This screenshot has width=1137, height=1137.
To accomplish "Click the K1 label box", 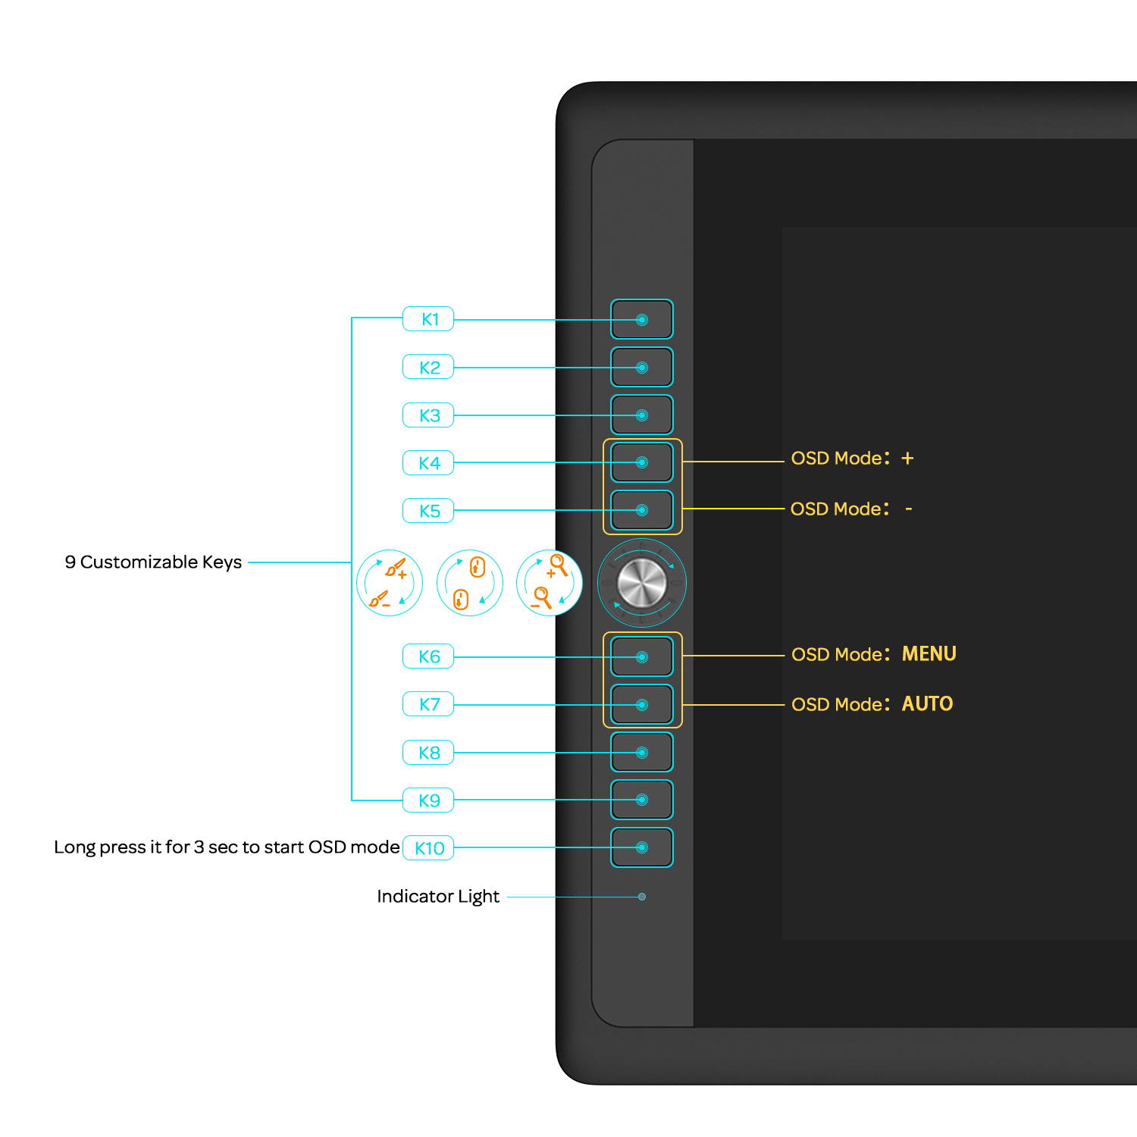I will click(428, 319).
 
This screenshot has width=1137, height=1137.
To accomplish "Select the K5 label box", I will click(428, 511).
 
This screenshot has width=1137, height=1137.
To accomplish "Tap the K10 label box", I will click(428, 848).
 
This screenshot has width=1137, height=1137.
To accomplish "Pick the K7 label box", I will click(428, 704).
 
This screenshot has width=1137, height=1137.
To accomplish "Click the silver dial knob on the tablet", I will click(642, 583).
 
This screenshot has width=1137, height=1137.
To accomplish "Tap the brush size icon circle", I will click(390, 583).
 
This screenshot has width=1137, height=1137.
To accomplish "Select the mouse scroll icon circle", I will click(470, 583).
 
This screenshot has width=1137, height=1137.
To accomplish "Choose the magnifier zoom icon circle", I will click(550, 583).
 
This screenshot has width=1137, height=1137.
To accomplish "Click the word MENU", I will click(929, 654).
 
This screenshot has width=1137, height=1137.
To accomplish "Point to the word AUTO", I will click(927, 704).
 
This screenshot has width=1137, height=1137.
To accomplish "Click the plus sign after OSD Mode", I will click(907, 459).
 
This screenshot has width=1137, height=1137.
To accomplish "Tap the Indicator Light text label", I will click(438, 897).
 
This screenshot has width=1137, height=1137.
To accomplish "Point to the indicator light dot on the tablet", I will click(642, 897).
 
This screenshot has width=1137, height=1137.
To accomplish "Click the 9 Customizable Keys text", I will click(153, 562).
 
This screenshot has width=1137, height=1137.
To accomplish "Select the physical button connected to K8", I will click(642, 753).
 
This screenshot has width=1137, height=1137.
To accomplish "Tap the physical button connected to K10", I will click(642, 847).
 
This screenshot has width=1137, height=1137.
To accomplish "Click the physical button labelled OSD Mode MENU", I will click(642, 656).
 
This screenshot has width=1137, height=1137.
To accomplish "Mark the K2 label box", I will click(428, 368).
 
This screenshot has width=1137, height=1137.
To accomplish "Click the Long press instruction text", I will click(227, 847).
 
